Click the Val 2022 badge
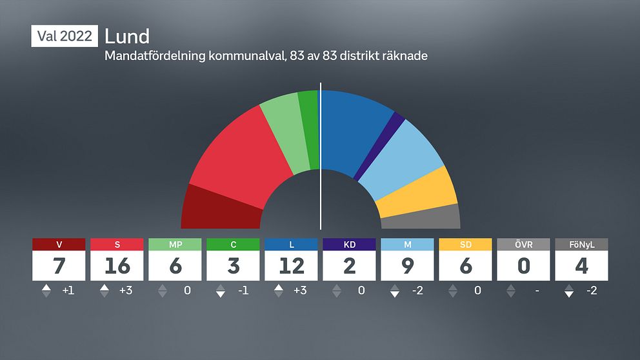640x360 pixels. (65, 36)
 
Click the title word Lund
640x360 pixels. (127, 36)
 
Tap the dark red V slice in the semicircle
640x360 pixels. (219, 208)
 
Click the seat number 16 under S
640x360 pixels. (117, 266)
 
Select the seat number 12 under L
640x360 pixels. (291, 266)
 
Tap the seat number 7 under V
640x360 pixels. (59, 266)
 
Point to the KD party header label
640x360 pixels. (349, 245)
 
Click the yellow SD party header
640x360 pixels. (465, 245)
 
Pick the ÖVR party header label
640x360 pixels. (523, 245)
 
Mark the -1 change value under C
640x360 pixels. (243, 291)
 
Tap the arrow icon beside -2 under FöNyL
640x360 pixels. (568, 291)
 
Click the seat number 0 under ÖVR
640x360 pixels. (523, 266)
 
